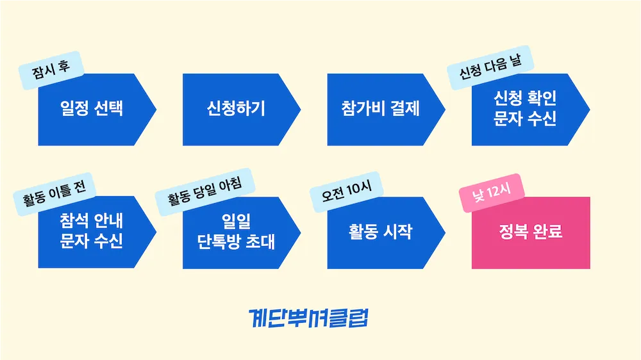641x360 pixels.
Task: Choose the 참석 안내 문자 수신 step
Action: click(x=91, y=232)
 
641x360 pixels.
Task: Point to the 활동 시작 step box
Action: click(x=380, y=232)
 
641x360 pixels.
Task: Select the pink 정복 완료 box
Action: click(x=531, y=232)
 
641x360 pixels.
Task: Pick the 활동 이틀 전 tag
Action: click(x=54, y=190)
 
